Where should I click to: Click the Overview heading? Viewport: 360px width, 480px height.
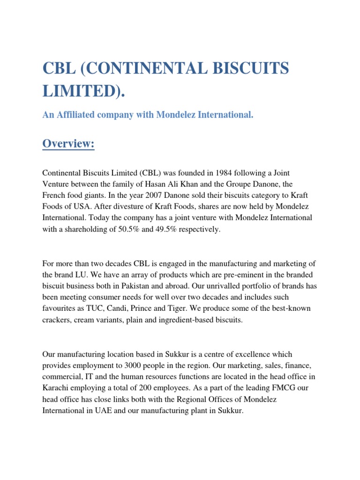click(68, 144)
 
